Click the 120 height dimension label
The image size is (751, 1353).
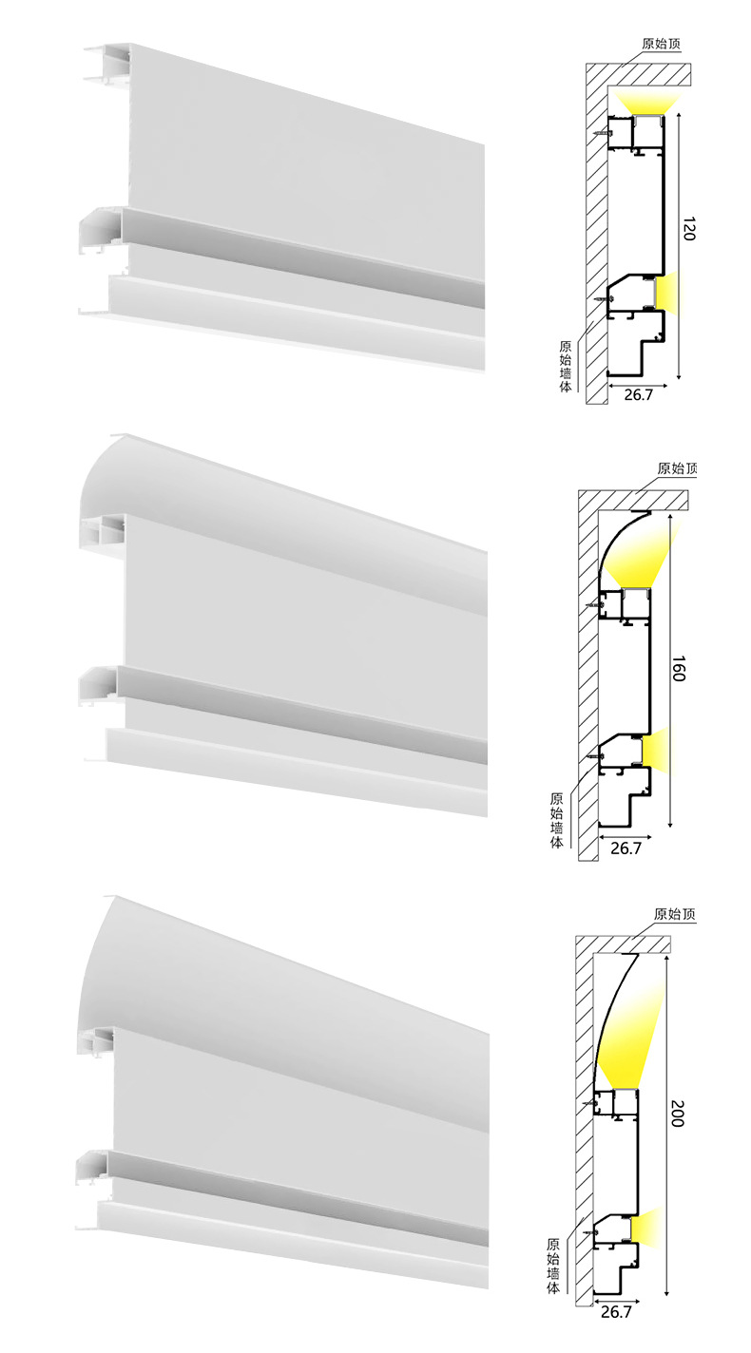tap(689, 228)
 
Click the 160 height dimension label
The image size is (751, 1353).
tap(679, 669)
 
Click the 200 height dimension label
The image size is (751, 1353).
tap(677, 1114)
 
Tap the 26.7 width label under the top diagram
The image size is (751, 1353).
tap(639, 395)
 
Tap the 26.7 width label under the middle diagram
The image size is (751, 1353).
tap(626, 848)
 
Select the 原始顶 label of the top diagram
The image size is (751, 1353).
tap(661, 44)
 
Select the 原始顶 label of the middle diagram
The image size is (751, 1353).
tap(677, 468)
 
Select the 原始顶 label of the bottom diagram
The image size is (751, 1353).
tap(674, 914)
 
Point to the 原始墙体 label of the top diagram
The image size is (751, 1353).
tap(566, 367)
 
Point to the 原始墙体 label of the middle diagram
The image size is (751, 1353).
tap(556, 820)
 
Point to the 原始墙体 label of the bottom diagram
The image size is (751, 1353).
tap(553, 1266)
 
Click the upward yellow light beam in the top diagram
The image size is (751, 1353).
tap(647, 104)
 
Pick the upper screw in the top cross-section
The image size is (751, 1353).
tap(602, 133)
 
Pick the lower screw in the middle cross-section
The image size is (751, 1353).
tap(593, 753)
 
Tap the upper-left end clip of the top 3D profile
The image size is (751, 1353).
tap(106, 64)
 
